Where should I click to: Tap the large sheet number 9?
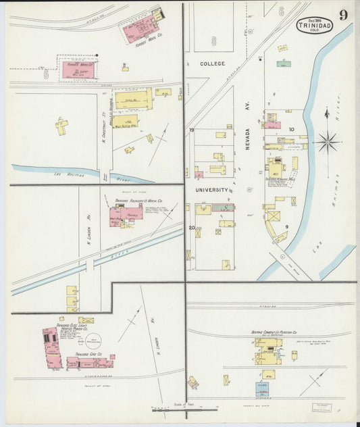coord(343,15)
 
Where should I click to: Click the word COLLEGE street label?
coord(213,64)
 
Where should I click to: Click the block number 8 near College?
coord(213,41)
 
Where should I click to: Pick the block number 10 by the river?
coord(292,129)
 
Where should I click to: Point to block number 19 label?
coord(192,130)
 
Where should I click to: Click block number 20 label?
coord(192,228)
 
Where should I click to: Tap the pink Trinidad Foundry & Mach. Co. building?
coord(124,216)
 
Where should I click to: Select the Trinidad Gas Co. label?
coord(88,354)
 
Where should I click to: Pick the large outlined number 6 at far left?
coord(47,74)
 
